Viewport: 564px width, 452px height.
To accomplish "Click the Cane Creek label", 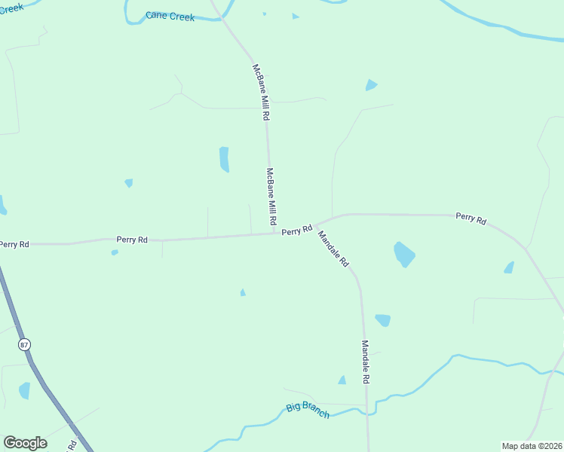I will [x=170, y=16].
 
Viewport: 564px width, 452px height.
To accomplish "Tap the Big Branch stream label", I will [x=308, y=411].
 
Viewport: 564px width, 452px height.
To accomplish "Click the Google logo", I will [x=25, y=443].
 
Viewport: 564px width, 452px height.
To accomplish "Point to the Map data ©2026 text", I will [x=532, y=446].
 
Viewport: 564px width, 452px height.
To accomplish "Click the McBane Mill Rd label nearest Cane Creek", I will [x=260, y=93].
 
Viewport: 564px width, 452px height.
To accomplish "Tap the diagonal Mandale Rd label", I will [x=333, y=249].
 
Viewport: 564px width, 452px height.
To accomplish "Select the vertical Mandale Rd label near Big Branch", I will [x=365, y=362].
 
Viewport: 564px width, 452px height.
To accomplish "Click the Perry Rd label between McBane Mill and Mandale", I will [x=296, y=231].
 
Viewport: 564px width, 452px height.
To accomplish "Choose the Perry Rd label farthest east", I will [x=471, y=218].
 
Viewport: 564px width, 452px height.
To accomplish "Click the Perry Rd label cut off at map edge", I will [x=14, y=244].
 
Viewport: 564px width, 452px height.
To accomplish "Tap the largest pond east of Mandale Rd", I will [x=404, y=254].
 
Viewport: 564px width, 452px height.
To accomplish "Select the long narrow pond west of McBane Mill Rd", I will [x=224, y=159].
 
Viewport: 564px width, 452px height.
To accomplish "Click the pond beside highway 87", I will [x=24, y=390].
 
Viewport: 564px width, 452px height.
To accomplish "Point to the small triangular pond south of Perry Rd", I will [x=242, y=292].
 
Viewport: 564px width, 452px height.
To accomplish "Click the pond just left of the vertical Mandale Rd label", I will [x=342, y=380].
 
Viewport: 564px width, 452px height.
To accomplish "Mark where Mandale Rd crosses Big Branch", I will [x=367, y=411].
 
